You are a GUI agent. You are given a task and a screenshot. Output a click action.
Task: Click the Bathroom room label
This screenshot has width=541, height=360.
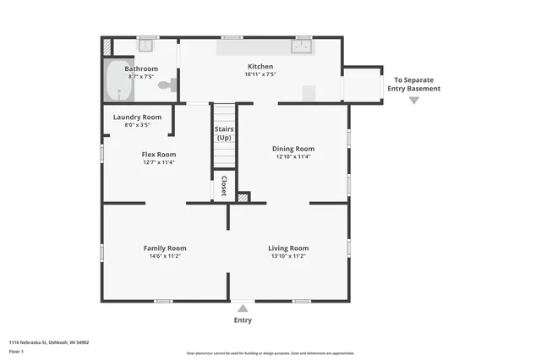coord(141,68)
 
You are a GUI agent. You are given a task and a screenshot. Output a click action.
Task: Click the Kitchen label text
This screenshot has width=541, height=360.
coord(260,67)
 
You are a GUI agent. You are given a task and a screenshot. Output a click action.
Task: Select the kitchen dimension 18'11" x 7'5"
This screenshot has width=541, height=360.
coord(260,75)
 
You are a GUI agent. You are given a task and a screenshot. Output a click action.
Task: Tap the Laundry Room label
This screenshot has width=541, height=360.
coord(137,117)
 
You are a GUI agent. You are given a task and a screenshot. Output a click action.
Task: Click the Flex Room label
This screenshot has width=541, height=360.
coord(158,154)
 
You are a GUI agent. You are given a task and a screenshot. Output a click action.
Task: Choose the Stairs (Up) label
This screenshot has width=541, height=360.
coord(224,133)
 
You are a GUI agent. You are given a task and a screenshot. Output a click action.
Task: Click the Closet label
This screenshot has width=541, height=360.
coord(224,185)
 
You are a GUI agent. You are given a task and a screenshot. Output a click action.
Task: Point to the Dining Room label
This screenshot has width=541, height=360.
coord(292,149)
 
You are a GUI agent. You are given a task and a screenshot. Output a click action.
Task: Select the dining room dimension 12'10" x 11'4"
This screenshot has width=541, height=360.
coord(292,157)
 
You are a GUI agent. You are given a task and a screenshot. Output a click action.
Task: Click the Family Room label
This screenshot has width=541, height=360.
coord(164,248)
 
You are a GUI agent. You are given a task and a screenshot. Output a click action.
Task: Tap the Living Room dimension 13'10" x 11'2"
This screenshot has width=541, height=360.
coord(289,256)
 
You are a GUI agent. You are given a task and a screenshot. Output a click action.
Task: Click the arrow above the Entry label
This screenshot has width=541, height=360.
coord(243,308)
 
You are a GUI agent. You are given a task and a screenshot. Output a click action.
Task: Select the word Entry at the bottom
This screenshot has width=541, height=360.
coord(243,320)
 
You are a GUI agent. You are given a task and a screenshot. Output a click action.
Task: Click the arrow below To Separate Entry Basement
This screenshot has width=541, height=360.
coord(413,101)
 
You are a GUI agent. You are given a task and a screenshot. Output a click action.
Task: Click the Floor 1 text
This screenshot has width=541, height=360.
coord(16,351)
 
